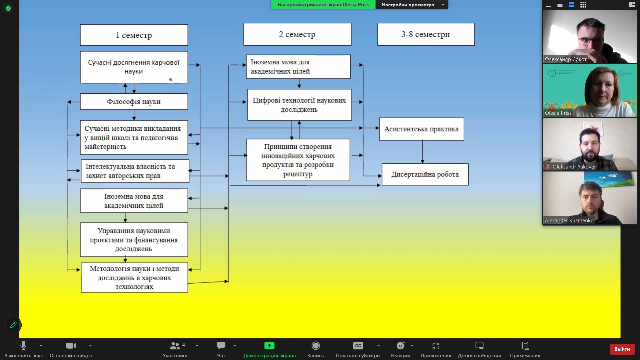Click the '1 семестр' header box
coord(134,35)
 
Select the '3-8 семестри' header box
coord(426,34)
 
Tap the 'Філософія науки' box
coord(134,102)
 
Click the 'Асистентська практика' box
coord(421,129)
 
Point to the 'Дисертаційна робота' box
coord(425,174)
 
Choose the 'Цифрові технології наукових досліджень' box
coord(299,105)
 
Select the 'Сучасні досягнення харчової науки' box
coord(134,67)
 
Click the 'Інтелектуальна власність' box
coord(135,171)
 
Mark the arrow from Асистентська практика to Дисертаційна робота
coord(423,152)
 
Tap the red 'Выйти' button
coord(622,349)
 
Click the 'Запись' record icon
coord(315,346)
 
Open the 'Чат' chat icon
coord(221,346)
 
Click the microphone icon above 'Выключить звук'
coord(23,345)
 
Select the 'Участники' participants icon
coord(175,346)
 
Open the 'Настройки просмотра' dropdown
coord(412,5)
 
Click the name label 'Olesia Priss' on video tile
coord(558,113)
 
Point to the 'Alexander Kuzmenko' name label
coord(569,221)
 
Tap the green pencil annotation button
coord(13,325)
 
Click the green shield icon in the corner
coord(8,8)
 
